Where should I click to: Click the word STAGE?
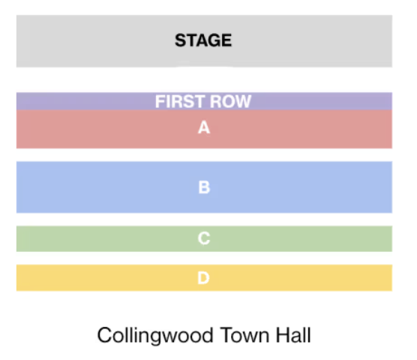tap(203, 40)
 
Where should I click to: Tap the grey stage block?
tap(204, 41)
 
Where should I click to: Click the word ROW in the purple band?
tap(230, 101)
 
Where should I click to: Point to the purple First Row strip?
tap(204, 101)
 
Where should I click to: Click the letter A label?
tap(204, 127)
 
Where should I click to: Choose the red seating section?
tap(204, 129)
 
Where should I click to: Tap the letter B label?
tap(204, 187)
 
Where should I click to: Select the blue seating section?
tap(204, 187)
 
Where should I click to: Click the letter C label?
tap(204, 238)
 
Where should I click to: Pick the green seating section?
tap(204, 238)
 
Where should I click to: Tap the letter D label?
tap(203, 278)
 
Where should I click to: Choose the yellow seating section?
tap(204, 277)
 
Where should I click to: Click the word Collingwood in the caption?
tap(155, 336)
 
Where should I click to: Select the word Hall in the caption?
tap(293, 335)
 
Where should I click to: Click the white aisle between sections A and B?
tap(204, 155)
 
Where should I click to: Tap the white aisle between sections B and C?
tap(204, 220)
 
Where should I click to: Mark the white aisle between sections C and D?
tap(204, 258)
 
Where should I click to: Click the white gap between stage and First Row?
tap(204, 79)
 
